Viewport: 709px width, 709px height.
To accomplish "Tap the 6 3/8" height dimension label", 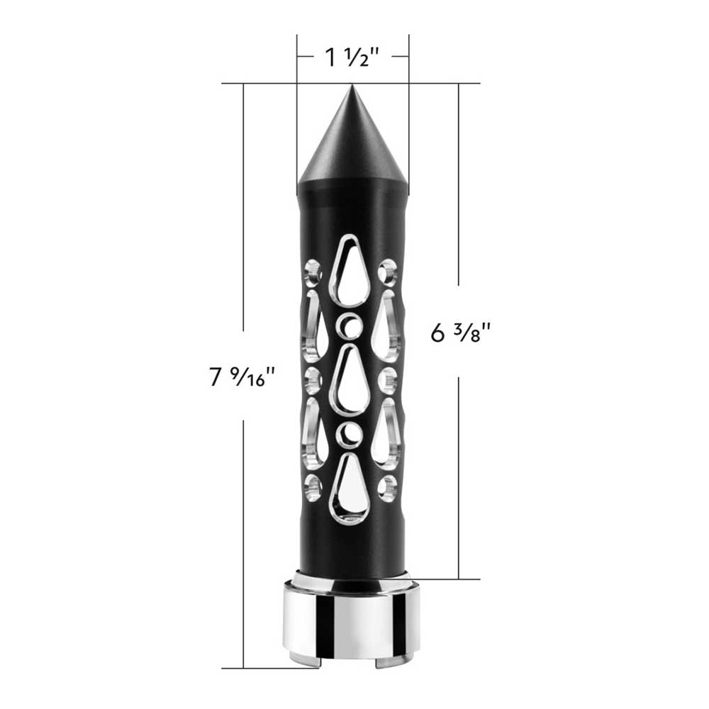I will (461, 332).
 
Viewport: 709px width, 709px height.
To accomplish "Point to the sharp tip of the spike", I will (352, 87).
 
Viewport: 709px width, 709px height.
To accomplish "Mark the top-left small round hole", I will (313, 270).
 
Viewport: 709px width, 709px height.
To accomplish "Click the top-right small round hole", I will (388, 269).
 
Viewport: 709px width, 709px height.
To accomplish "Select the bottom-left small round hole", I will (313, 486).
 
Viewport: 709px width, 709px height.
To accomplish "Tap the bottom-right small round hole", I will (387, 486).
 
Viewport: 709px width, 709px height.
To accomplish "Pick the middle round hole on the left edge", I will (312, 379).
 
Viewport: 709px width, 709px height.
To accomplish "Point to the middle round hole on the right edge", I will (388, 379).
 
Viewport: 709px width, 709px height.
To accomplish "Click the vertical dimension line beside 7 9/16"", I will (243, 213).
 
